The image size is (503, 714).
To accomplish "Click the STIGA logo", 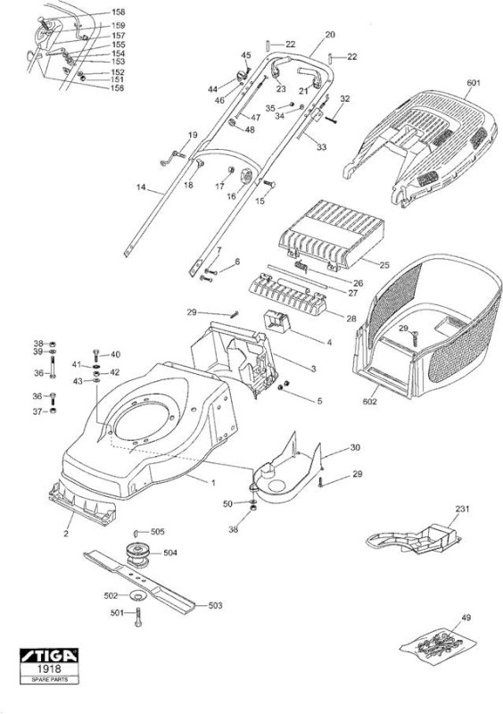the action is click(x=49, y=656).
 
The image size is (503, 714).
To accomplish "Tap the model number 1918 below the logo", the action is click(x=49, y=668).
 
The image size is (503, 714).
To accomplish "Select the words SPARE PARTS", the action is click(x=49, y=679).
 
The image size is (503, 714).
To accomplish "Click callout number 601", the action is click(x=474, y=83).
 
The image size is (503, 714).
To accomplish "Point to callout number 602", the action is click(x=369, y=402).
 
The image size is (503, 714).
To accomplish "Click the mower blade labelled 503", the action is click(x=139, y=583).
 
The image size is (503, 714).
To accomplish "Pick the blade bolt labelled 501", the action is click(x=138, y=617).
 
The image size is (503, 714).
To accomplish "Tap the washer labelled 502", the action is click(x=136, y=595).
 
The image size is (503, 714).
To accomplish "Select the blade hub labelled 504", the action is click(x=137, y=554).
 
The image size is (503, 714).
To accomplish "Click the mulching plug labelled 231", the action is click(x=413, y=539).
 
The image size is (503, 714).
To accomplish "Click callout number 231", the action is click(x=462, y=509).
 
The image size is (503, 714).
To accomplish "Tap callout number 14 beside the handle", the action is click(x=141, y=187).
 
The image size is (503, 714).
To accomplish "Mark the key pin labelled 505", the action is click(x=136, y=533).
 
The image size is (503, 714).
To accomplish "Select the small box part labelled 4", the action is click(x=277, y=321).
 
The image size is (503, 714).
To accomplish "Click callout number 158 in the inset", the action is click(x=119, y=12).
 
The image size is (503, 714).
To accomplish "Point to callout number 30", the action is click(x=355, y=447).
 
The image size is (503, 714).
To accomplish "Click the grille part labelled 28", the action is click(x=288, y=295).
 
